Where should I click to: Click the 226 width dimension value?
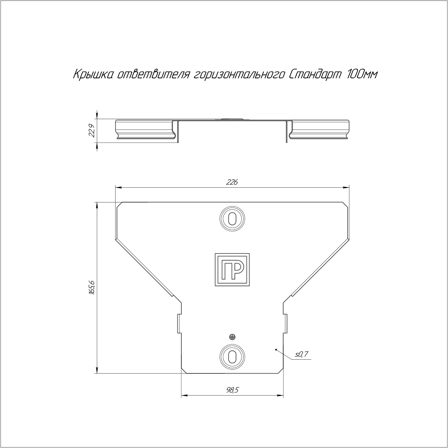coord(232,182)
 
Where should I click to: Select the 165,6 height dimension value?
coord(91,288)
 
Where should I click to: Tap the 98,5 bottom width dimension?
coord(233,390)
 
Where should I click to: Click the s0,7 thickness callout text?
coord(302,354)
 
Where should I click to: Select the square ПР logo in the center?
coord(232,269)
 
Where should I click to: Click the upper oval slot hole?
coord(232,219)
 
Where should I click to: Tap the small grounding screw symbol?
coord(232,337)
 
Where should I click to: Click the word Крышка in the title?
coord(94,75)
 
